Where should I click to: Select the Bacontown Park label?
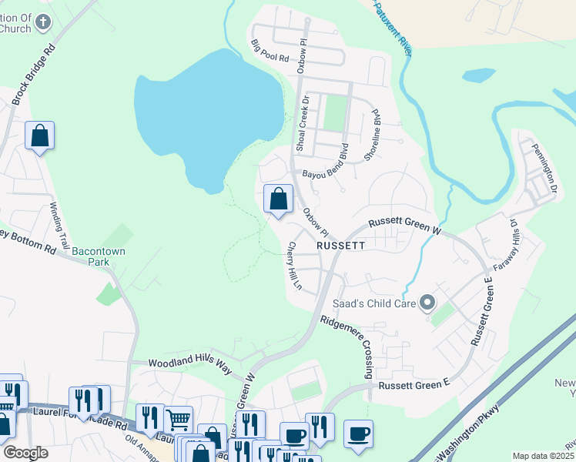coord(99,256)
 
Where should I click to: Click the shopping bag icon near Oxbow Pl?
coord(278,199)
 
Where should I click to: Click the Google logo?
coord(25,453)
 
